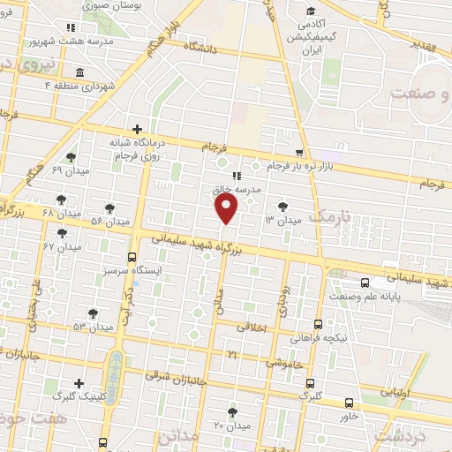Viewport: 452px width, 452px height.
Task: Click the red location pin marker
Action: [228, 207]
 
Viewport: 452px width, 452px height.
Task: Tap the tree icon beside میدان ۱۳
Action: [282, 207]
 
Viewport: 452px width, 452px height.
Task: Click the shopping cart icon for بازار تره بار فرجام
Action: [300, 152]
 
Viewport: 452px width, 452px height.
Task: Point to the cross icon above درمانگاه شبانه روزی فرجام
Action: [137, 129]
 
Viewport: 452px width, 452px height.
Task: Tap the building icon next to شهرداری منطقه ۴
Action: [81, 72]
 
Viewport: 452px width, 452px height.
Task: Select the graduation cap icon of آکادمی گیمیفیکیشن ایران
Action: [310, 11]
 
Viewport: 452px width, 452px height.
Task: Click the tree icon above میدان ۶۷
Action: [62, 233]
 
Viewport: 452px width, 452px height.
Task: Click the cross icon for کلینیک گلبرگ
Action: [79, 383]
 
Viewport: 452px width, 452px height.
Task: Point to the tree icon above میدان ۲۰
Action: [233, 411]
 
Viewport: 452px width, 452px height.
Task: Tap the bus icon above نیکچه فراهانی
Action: [319, 324]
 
